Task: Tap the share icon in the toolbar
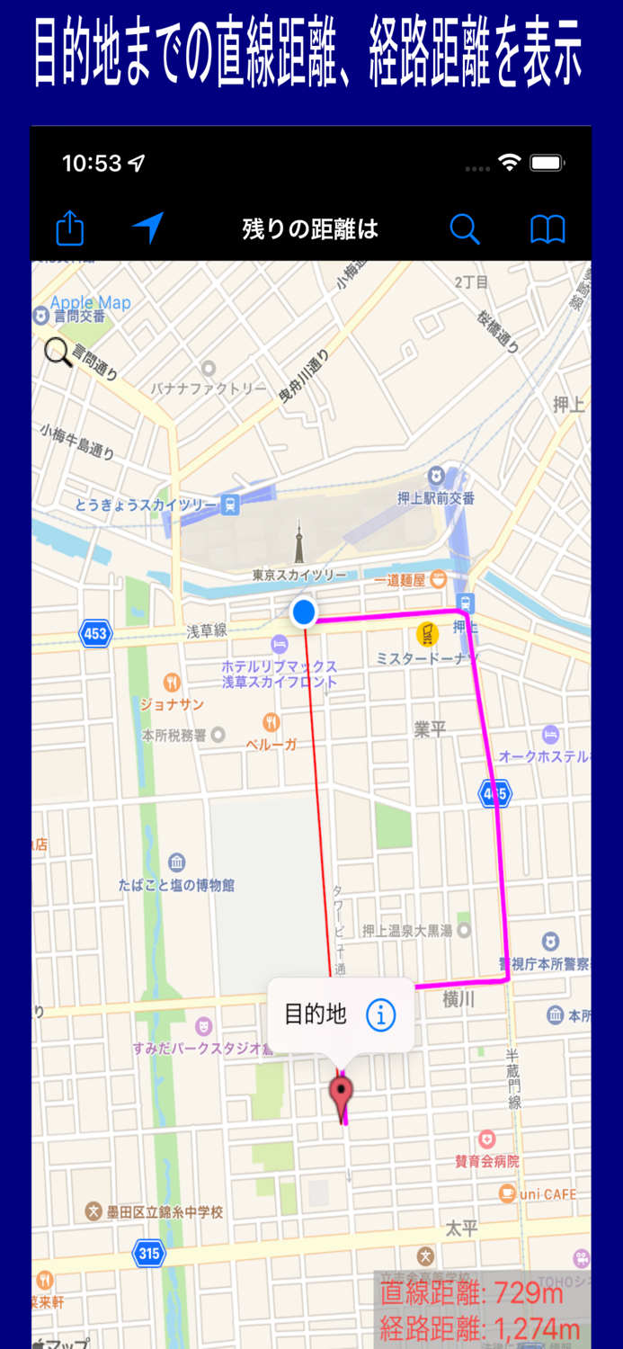(x=69, y=229)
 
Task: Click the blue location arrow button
(x=148, y=228)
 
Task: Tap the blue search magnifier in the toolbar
(x=464, y=229)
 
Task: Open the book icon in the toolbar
(x=547, y=229)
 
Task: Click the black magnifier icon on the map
(x=58, y=352)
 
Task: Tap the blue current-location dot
(x=304, y=612)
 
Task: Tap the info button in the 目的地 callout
(x=380, y=1015)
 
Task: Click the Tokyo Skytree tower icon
(x=298, y=545)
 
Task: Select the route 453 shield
(x=95, y=633)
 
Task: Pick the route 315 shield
(x=148, y=1253)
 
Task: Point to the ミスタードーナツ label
(x=427, y=659)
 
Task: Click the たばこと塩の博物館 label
(x=176, y=885)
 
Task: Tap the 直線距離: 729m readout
(x=471, y=1293)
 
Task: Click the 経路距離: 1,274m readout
(x=479, y=1328)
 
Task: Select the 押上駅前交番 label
(x=436, y=497)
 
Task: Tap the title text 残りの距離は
(x=310, y=229)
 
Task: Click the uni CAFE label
(x=547, y=1194)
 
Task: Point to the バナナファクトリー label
(x=209, y=389)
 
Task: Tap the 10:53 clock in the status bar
(x=92, y=164)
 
